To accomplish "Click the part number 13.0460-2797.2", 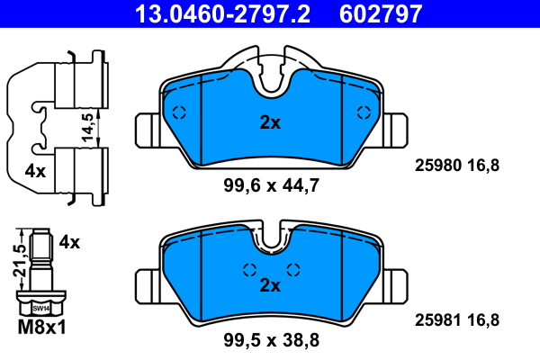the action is (x=222, y=13).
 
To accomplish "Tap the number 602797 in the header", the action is (x=381, y=13).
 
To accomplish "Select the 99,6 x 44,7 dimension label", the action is (x=272, y=185).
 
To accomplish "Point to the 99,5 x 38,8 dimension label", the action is (x=272, y=340).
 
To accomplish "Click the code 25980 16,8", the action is (x=456, y=166).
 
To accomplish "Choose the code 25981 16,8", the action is (x=456, y=320).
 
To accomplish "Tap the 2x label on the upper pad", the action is (x=270, y=122).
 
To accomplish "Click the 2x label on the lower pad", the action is (x=270, y=285).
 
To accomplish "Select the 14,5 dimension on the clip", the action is (x=88, y=127).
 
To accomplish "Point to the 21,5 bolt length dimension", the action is (x=20, y=261).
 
